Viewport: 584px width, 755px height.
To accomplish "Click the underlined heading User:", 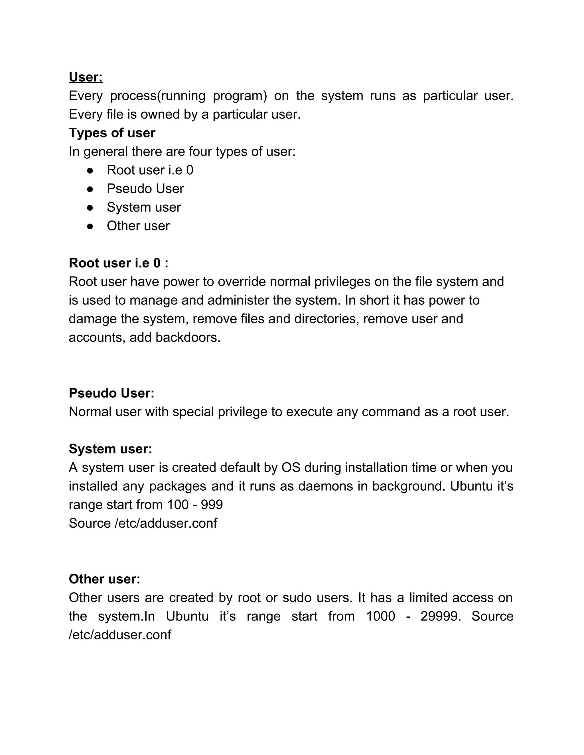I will (x=86, y=77).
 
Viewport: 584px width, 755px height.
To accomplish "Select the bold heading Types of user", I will (x=112, y=133).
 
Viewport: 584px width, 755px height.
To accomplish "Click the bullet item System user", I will (x=144, y=207).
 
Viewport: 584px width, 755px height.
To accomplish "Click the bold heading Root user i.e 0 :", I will (x=119, y=263).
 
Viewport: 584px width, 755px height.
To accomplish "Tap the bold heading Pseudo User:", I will (x=111, y=393).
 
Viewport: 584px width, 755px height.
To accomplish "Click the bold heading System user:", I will (x=110, y=449).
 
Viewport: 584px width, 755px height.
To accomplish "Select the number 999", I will (x=212, y=505).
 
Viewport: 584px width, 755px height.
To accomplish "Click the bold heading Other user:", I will (x=104, y=579).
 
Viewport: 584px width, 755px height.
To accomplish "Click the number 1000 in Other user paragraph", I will (x=381, y=616).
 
